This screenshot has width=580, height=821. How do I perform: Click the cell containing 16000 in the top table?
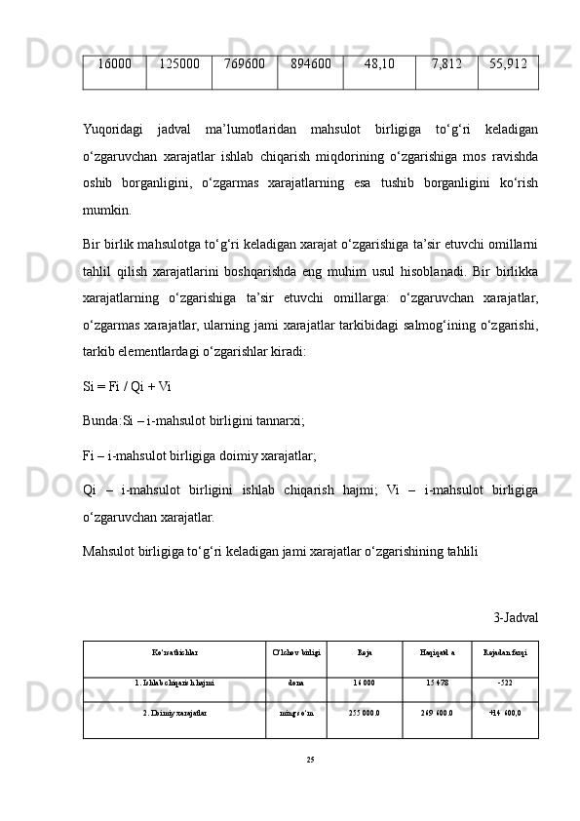114,64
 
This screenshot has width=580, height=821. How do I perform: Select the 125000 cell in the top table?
178,64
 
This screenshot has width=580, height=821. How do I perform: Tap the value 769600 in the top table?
244,64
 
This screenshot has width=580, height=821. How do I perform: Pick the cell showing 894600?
310,64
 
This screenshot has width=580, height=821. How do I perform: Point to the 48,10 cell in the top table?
379,64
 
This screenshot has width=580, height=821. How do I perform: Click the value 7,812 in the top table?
446,64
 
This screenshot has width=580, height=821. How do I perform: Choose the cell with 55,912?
508,64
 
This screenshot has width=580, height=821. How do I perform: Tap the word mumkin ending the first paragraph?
107,209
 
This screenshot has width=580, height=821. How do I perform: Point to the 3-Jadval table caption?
516,616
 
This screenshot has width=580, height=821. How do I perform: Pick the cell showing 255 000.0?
365,713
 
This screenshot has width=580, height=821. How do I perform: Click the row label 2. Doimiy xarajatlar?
174,713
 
